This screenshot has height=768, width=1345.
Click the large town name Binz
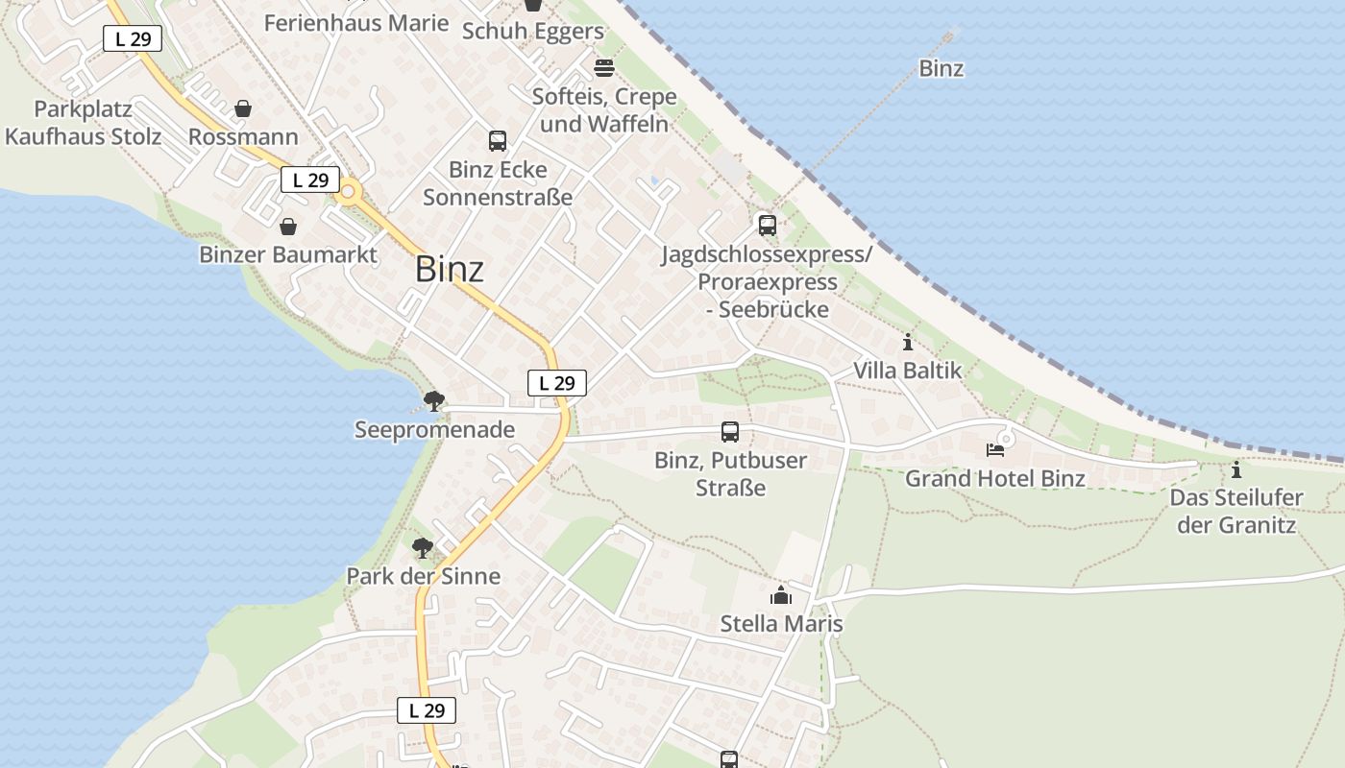point(450,270)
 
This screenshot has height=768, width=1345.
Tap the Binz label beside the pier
point(941,68)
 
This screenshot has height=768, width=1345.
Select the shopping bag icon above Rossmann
point(243,108)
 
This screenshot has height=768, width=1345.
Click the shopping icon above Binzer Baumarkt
point(287,227)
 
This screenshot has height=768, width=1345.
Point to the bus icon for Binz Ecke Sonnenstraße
point(498,141)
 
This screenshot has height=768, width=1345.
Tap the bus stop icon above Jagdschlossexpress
point(767,226)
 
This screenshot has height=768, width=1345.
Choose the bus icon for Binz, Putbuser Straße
point(730,432)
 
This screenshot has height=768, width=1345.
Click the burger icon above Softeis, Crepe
point(604,68)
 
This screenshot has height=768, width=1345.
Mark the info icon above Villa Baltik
point(908,342)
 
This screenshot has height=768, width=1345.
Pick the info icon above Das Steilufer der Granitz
point(1236,469)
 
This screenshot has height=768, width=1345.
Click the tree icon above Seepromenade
point(434,400)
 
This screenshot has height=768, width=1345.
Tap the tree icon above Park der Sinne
point(423,548)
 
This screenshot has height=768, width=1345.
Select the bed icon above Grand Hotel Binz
point(995,449)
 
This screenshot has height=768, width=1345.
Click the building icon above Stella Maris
point(781,595)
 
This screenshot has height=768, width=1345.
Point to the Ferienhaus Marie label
point(356,23)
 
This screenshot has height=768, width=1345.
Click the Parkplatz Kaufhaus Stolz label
point(83,123)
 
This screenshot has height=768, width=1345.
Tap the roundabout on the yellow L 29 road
point(348,192)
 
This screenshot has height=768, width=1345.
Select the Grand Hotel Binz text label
point(995,478)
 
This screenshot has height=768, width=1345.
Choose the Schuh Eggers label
point(533,32)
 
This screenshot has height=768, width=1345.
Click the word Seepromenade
point(435,429)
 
